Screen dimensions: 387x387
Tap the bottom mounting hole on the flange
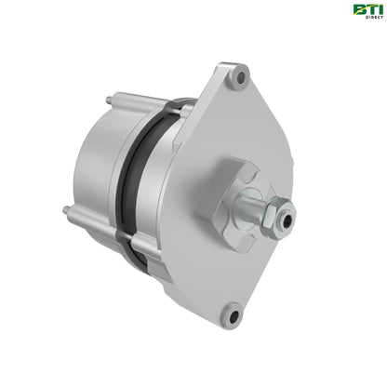[x=234, y=314]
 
